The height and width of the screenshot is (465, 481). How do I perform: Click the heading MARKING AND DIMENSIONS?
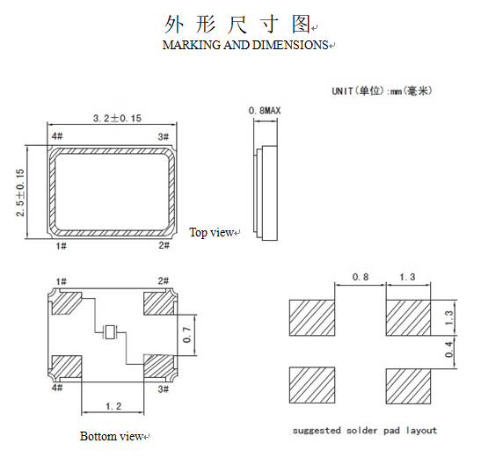pyautogui.click(x=245, y=45)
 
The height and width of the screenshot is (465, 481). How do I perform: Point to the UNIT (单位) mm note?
pyautogui.click(x=382, y=91)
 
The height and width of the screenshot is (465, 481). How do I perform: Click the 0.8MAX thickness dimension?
pyautogui.click(x=266, y=110)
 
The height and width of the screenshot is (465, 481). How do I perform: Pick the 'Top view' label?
pyautogui.click(x=211, y=232)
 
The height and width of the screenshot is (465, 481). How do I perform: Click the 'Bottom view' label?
pyautogui.click(x=112, y=437)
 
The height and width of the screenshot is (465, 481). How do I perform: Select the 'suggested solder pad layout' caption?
pyautogui.click(x=364, y=431)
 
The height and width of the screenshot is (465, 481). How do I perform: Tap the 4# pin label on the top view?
pyautogui.click(x=57, y=136)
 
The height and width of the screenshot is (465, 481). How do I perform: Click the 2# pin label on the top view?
pyautogui.click(x=164, y=247)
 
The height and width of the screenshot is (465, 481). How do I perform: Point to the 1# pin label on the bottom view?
pyautogui.click(x=61, y=281)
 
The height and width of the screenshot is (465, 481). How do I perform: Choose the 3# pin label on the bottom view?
pyautogui.click(x=163, y=388)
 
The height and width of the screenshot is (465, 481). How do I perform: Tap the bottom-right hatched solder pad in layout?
pyautogui.click(x=409, y=384)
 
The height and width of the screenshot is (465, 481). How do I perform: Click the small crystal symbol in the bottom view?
pyautogui.click(x=110, y=332)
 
